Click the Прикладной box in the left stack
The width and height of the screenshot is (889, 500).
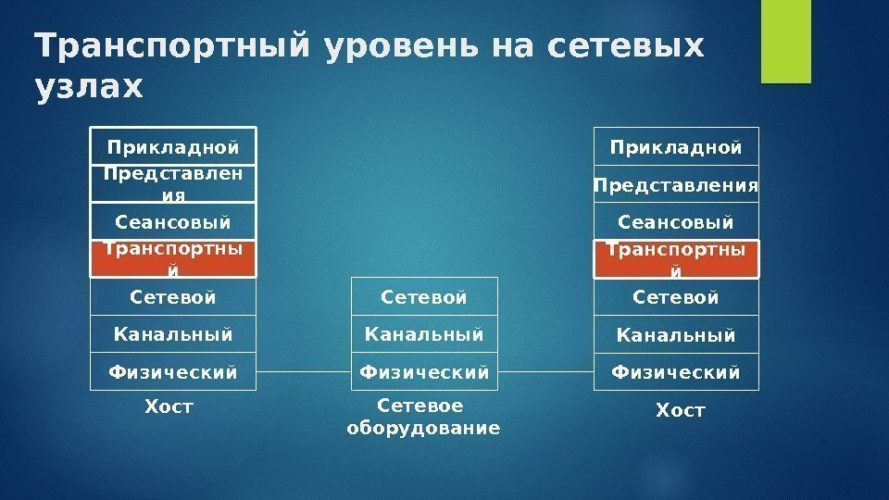(173, 146)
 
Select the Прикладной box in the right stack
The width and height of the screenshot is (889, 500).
(676, 146)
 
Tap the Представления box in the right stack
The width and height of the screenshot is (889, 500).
(676, 185)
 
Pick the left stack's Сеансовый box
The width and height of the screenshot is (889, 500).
(173, 222)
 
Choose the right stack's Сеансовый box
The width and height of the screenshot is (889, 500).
(676, 222)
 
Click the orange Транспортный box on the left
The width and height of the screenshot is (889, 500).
(173, 259)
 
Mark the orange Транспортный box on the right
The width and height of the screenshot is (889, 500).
(676, 259)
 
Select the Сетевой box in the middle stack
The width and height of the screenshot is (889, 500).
(425, 296)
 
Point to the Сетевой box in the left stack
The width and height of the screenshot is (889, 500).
(173, 297)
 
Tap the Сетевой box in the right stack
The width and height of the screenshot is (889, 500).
(676, 297)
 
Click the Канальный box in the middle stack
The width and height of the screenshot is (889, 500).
(425, 333)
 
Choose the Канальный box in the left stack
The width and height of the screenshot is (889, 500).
(173, 333)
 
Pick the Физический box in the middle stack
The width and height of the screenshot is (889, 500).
(425, 371)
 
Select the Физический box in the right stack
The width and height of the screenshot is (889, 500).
(676, 371)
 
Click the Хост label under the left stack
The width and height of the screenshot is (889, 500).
(169, 406)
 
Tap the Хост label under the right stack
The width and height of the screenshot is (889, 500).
(681, 409)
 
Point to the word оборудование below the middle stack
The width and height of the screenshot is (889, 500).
(423, 429)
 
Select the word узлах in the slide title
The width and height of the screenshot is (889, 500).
(89, 87)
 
